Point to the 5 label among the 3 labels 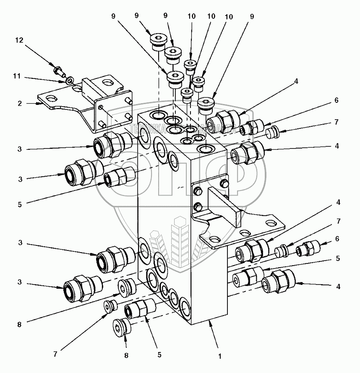click(19, 204)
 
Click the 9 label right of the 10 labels click(252, 17)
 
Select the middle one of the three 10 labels click(211, 17)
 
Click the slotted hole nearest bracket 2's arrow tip click(52, 98)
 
